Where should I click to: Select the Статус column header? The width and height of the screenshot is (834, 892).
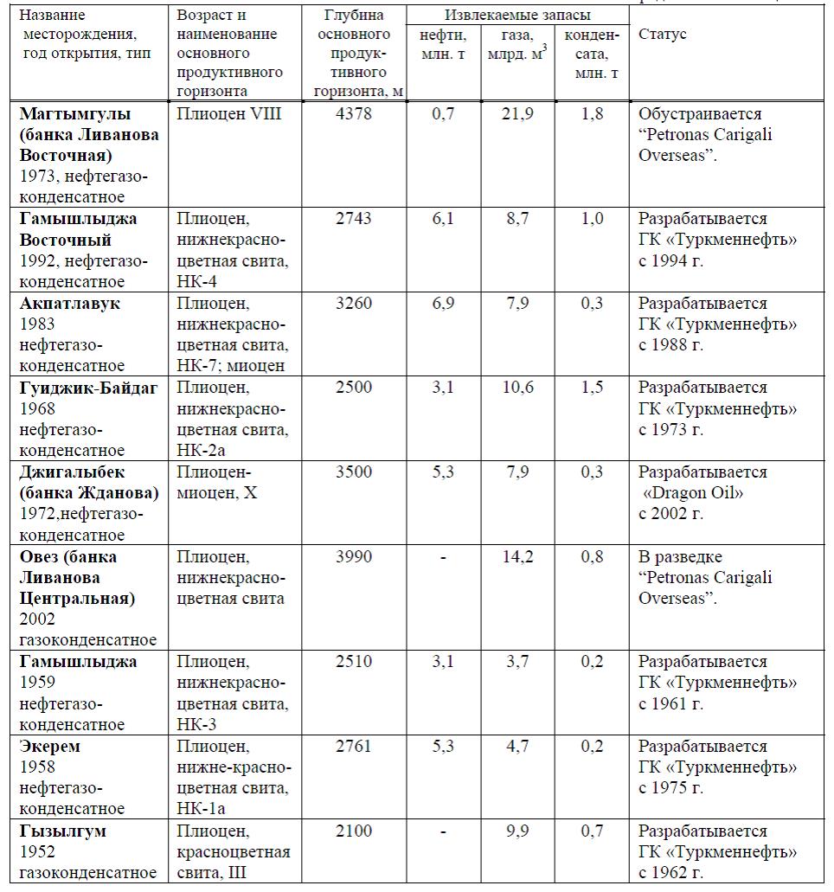[x=662, y=34]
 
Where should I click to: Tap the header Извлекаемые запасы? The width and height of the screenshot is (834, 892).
[x=517, y=15]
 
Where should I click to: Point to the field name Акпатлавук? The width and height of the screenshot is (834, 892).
[x=70, y=304]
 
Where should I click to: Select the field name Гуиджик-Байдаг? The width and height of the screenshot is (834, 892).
[x=88, y=388]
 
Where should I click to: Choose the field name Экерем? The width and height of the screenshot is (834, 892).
[x=50, y=747]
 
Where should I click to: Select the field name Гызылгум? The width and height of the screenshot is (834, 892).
[x=63, y=831]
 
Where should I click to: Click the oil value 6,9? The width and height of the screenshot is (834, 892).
[x=443, y=304]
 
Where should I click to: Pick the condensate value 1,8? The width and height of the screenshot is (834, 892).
[x=593, y=114]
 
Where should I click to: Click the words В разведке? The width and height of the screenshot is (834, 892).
[x=680, y=556]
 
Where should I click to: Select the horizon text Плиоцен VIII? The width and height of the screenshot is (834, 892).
[x=228, y=114]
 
